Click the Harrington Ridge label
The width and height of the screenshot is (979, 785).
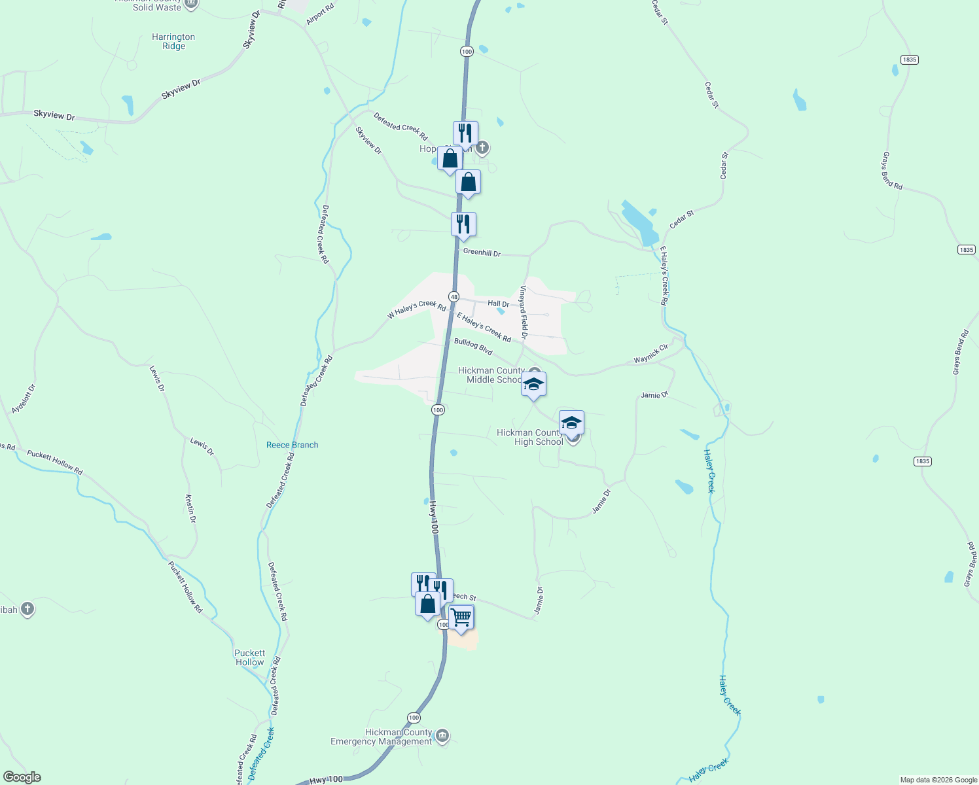point(173,42)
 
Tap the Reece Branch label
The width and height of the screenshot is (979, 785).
point(292,445)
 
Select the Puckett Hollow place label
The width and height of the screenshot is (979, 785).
point(249,657)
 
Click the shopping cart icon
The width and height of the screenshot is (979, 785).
point(461,617)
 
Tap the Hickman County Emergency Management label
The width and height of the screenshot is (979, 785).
point(382,737)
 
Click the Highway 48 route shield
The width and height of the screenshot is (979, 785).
point(453,296)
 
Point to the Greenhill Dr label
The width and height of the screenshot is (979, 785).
point(482,253)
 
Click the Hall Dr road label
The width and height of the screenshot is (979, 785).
point(499,304)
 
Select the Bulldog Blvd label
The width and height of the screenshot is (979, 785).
point(473,347)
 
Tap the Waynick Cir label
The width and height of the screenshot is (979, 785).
point(650,354)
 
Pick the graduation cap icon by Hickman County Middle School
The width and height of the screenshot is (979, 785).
point(533,384)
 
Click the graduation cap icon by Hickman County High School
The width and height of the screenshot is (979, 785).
point(571,423)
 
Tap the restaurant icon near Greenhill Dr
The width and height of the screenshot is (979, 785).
point(463,224)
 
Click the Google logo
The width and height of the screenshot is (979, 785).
point(22,777)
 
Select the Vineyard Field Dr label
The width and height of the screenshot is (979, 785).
point(524,312)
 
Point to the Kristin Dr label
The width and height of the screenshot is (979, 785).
point(190,509)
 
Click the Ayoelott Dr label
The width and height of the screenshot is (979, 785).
point(24,399)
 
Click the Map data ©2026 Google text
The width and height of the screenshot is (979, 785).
point(938,780)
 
